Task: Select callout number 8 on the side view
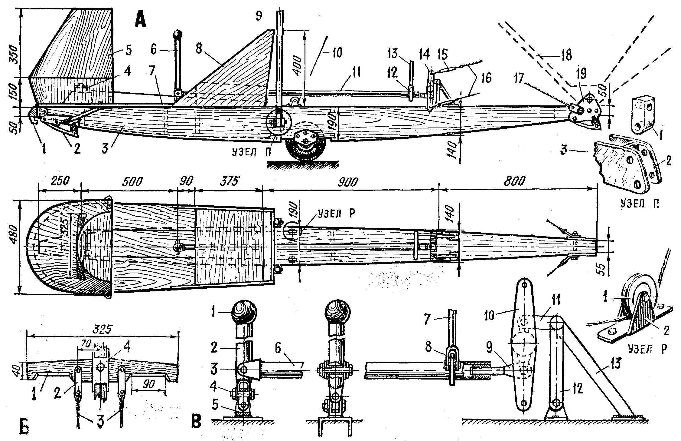coord(199,49)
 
